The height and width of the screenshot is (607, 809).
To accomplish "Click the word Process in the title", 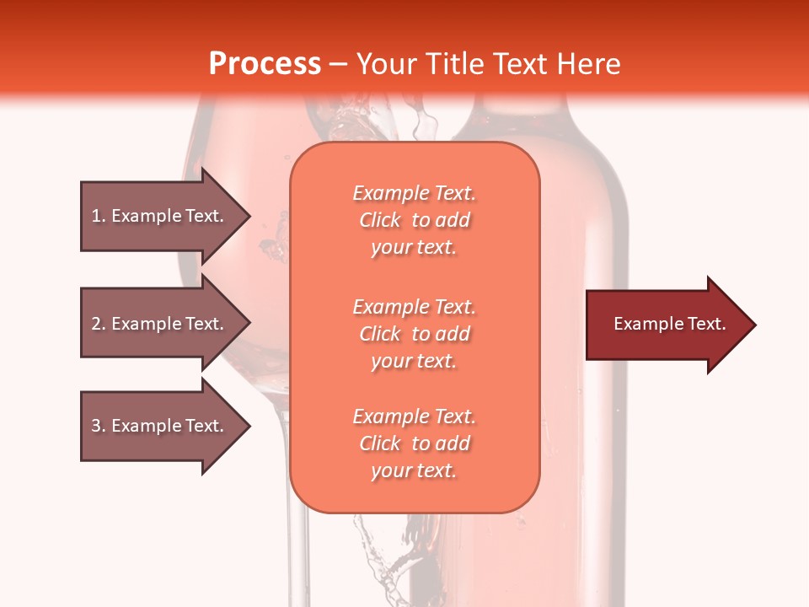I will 265,64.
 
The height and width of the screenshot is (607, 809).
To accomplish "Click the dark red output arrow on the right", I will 669,324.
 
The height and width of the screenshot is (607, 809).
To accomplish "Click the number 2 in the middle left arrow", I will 96,324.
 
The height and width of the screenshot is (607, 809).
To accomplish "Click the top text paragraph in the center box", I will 414,220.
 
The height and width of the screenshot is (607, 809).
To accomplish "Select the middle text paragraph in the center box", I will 414,334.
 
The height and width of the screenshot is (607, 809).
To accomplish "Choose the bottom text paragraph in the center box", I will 414,443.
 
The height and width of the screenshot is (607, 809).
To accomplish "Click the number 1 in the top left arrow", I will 96,216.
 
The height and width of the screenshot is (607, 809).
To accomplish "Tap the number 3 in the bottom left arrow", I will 96,426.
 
